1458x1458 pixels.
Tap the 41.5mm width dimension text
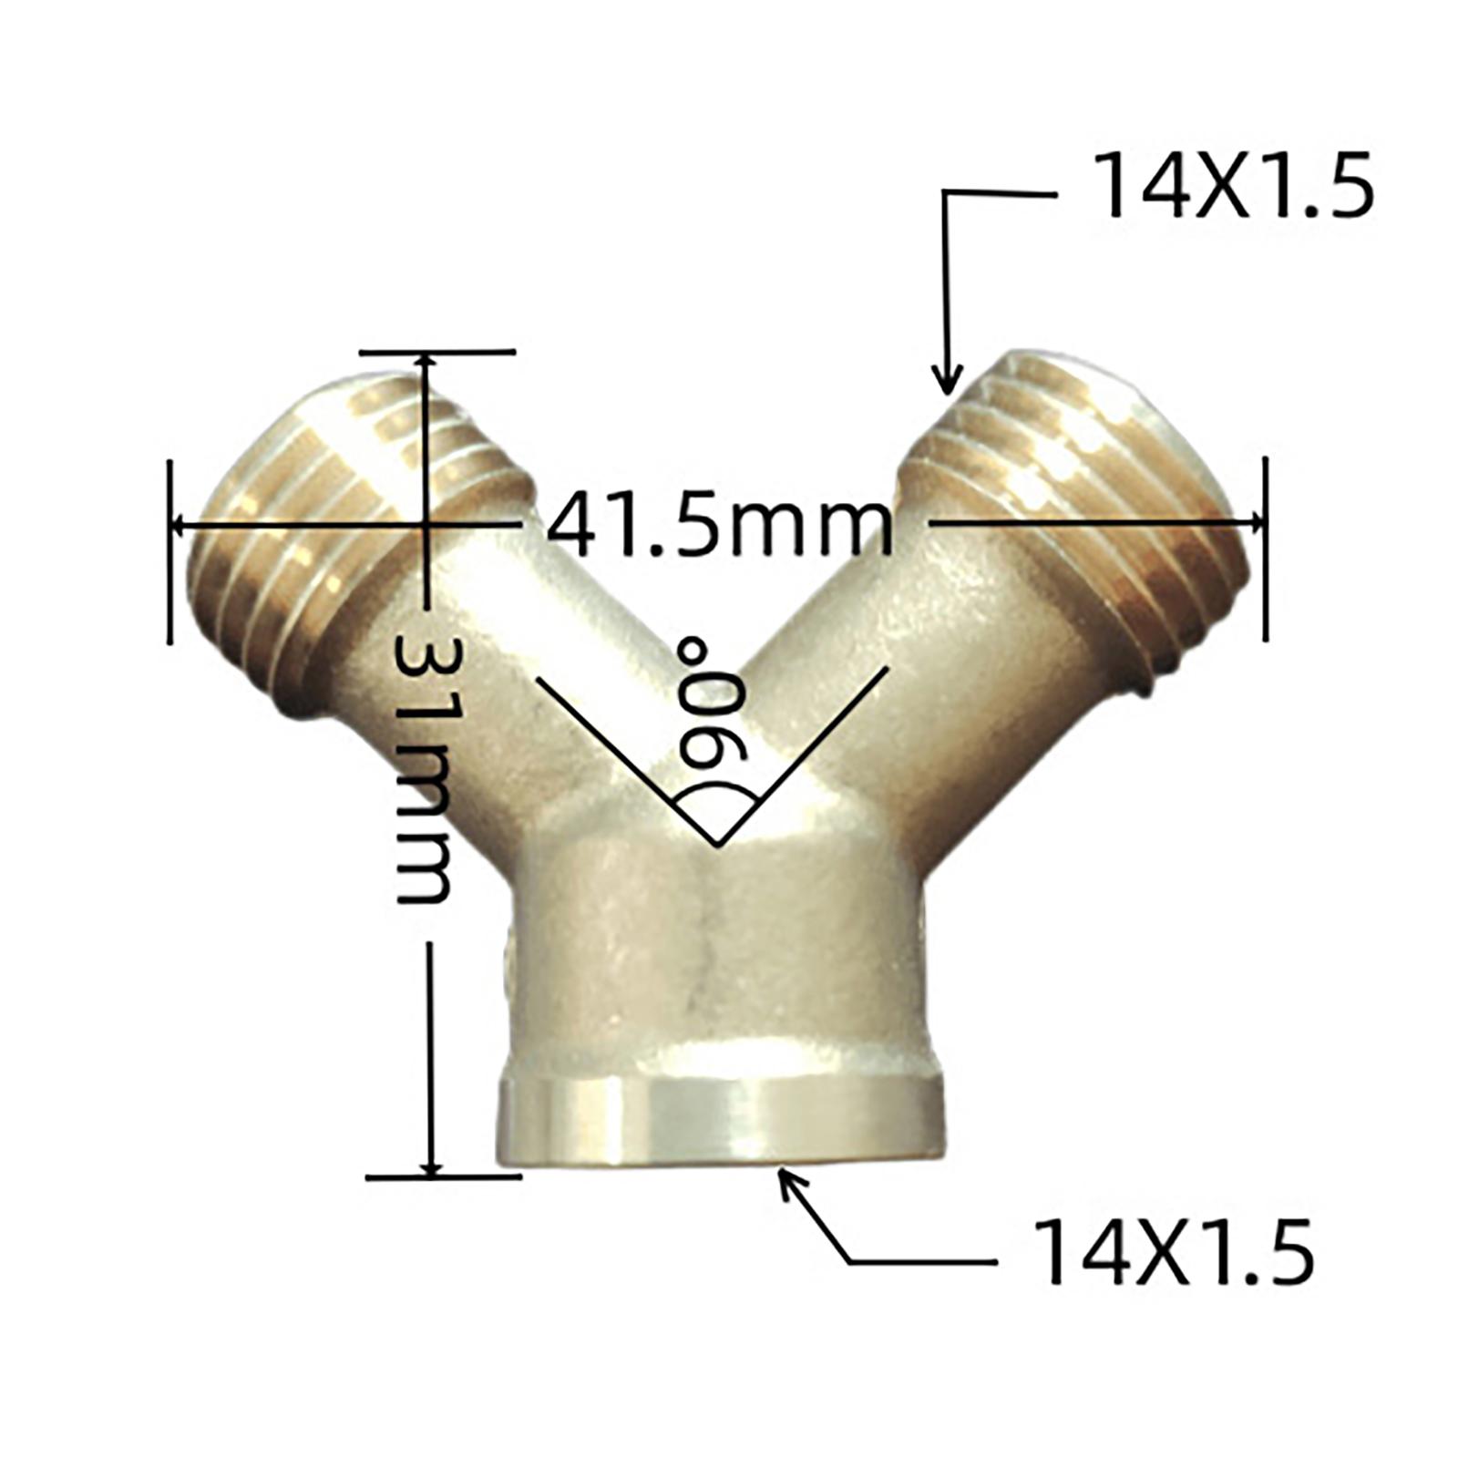click(720, 524)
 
